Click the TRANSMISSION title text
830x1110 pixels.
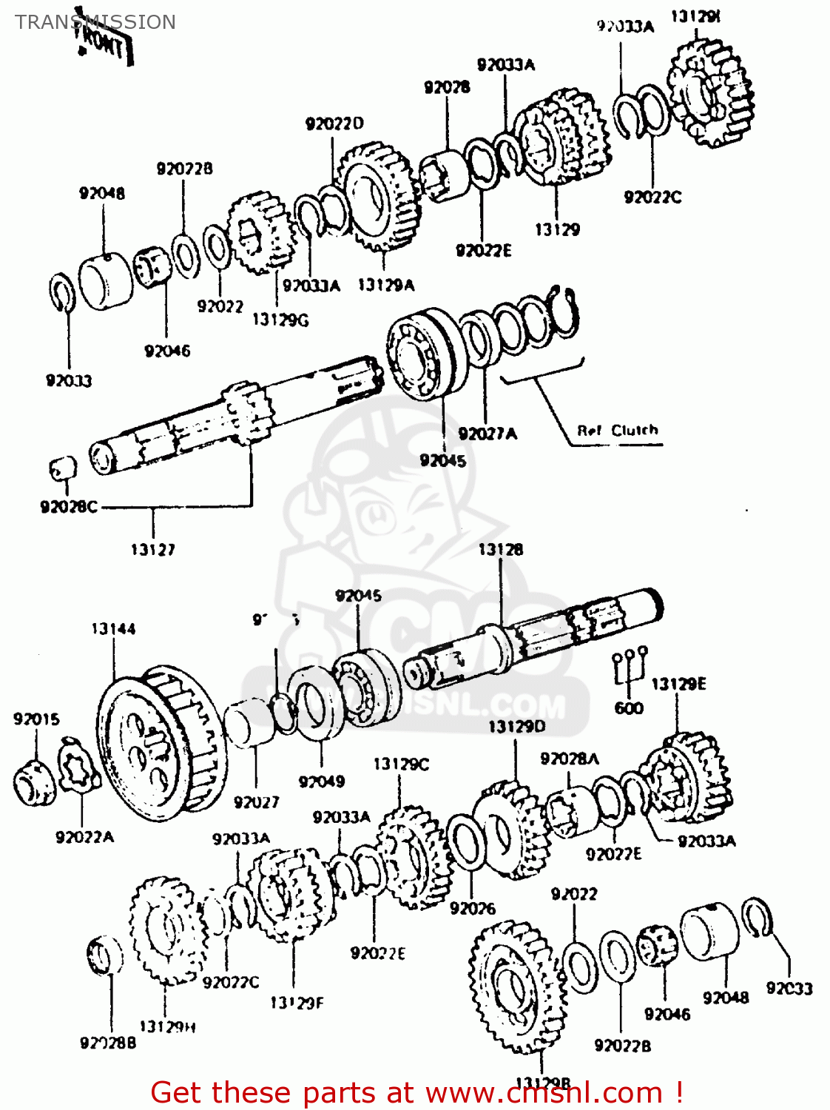[95, 21]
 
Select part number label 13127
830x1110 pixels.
[153, 550]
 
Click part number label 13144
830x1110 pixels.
[113, 629]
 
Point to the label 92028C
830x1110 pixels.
[68, 508]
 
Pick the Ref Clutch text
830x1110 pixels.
[617, 431]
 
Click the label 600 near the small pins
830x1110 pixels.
[629, 708]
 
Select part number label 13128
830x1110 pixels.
[501, 550]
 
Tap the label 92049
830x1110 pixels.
[322, 781]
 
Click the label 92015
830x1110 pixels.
[36, 719]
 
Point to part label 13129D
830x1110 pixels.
[516, 727]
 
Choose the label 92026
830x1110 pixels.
[472, 909]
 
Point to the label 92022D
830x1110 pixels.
[334, 124]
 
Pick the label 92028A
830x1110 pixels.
[570, 759]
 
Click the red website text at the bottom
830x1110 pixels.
[416, 1092]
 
